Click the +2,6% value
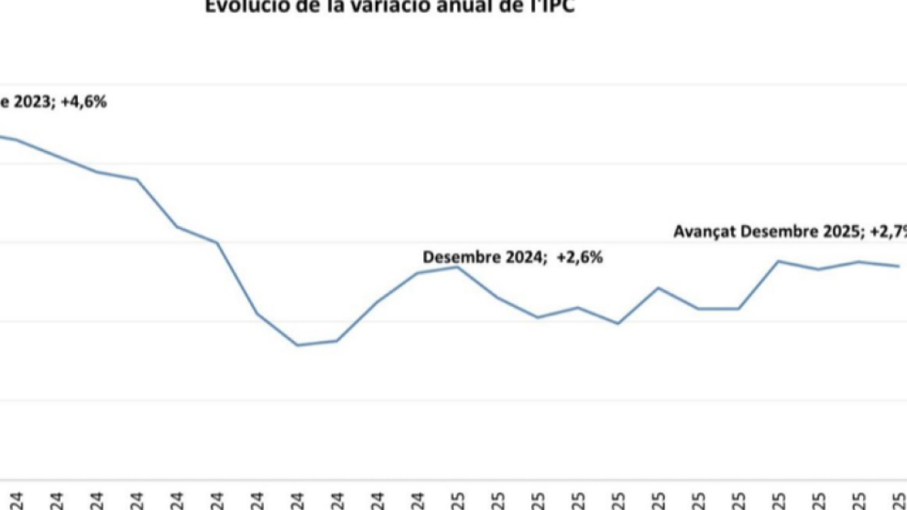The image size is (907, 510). tap(580, 257)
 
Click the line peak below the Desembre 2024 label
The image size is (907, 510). tap(457, 267)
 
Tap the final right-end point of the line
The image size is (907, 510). tap(898, 266)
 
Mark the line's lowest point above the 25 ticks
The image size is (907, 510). tap(618, 323)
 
